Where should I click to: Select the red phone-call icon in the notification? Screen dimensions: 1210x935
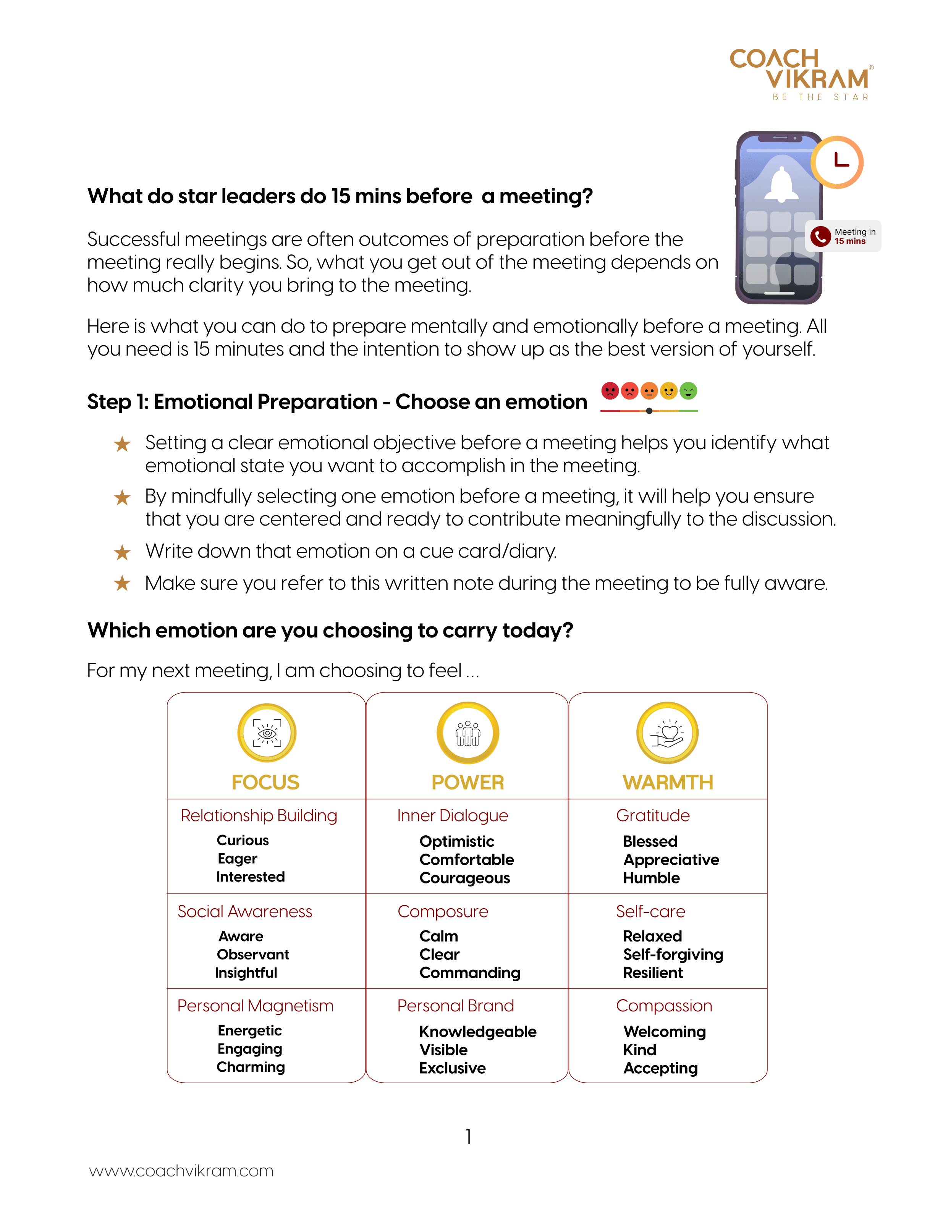tap(820, 236)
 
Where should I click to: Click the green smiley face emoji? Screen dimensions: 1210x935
tap(689, 391)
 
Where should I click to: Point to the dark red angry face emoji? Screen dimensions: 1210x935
tap(610, 391)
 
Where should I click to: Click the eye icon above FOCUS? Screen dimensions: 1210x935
tap(267, 733)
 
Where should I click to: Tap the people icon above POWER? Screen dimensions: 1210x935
tap(468, 733)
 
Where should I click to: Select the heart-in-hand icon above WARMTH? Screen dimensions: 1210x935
tap(668, 733)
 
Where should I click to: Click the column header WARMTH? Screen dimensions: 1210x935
tap(668, 782)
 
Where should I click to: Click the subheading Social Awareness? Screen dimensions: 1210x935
tap(245, 911)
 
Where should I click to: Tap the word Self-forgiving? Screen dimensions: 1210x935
tap(673, 954)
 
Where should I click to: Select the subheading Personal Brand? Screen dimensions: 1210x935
tap(455, 1006)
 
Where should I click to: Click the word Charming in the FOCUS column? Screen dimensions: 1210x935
tap(251, 1067)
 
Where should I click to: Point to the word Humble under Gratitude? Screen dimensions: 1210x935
tap(651, 878)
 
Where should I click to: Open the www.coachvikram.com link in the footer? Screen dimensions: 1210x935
tap(181, 1171)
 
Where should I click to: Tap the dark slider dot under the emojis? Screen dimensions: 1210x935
tap(649, 411)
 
